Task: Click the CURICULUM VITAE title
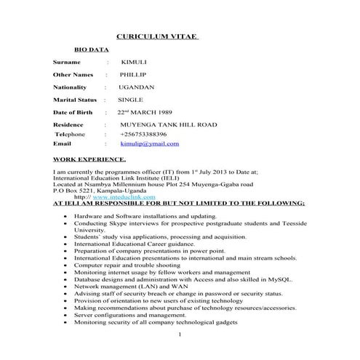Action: point(158,37)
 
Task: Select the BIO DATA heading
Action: point(92,50)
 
